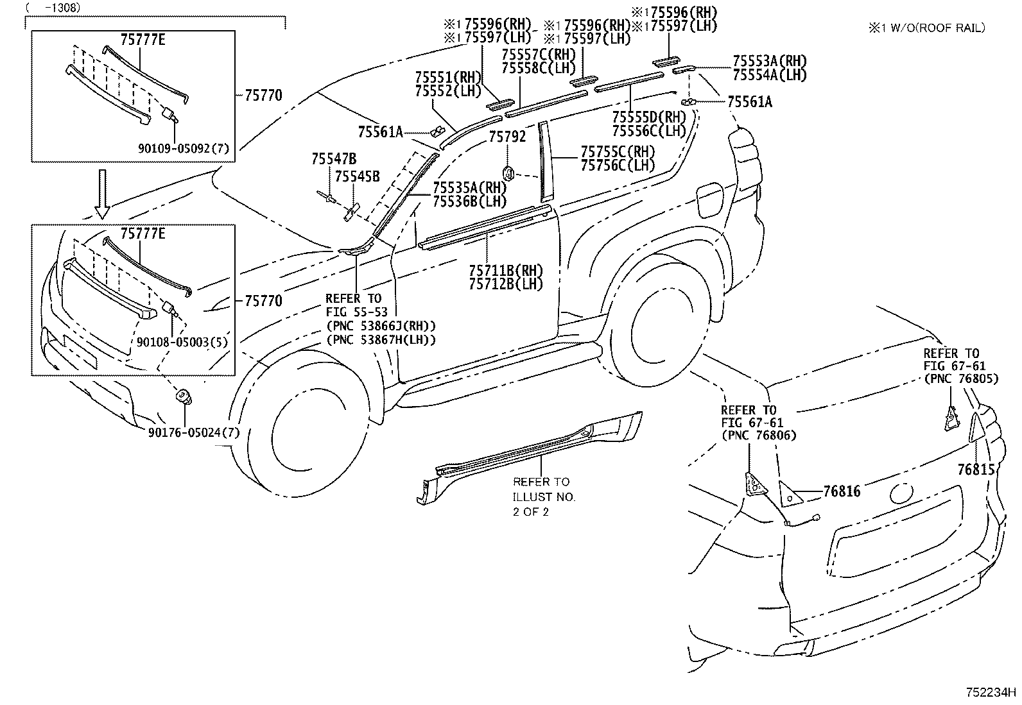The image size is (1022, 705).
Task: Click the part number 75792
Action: [507, 137]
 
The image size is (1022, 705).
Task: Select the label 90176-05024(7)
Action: [193, 433]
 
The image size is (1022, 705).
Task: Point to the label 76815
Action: [976, 470]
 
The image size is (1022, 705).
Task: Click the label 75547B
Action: [334, 159]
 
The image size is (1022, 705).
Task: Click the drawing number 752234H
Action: [992, 693]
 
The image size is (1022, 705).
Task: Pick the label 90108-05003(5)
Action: [182, 343]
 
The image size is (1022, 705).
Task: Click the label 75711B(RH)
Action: [506, 270]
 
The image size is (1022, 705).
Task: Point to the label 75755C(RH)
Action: [618, 151]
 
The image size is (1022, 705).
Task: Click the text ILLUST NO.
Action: [544, 497]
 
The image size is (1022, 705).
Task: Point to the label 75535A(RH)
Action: [469, 188]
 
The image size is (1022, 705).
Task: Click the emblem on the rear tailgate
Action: [899, 493]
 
